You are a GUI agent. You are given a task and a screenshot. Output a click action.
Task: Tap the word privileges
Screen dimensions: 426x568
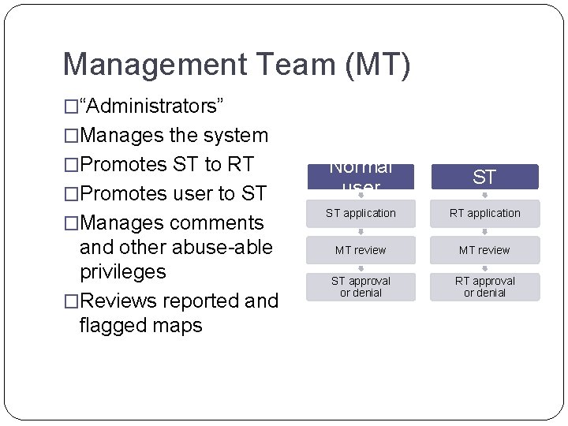(x=123, y=272)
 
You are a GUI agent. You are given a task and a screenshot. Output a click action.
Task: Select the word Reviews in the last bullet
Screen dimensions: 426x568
(x=121, y=301)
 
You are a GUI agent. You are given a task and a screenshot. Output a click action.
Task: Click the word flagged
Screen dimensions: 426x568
(x=113, y=324)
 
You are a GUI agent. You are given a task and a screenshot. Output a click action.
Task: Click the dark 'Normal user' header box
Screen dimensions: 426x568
(x=361, y=177)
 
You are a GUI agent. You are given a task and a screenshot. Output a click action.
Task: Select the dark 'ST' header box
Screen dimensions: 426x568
(x=484, y=177)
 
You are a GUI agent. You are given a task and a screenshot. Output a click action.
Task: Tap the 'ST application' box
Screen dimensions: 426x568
(x=361, y=213)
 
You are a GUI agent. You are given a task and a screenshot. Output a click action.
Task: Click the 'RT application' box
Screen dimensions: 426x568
(x=485, y=213)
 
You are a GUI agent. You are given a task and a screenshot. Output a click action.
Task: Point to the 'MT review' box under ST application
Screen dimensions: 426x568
(x=361, y=250)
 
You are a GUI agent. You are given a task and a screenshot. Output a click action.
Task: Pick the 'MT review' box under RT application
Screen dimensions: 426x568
(x=485, y=250)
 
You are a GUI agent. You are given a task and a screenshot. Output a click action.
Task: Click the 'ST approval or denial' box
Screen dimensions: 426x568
(x=361, y=286)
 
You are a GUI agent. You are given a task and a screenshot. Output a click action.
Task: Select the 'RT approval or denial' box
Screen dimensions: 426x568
(x=485, y=286)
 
